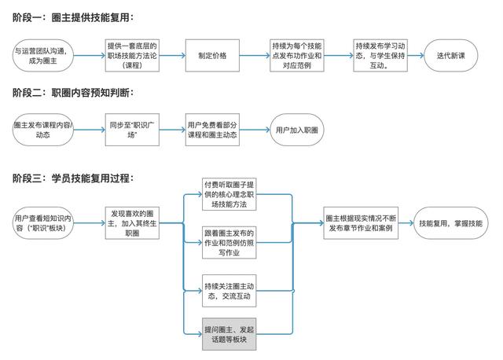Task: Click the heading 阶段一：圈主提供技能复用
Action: (73, 17)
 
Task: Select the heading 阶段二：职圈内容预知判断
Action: (73, 93)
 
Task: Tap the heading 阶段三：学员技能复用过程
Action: (73, 180)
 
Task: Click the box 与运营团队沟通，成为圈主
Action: (42, 56)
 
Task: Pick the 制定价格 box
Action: (213, 56)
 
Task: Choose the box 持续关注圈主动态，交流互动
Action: (229, 291)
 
